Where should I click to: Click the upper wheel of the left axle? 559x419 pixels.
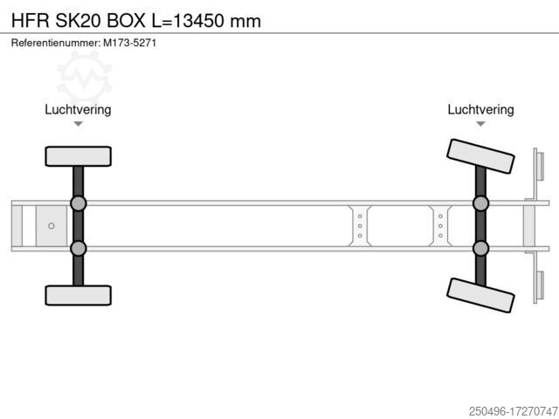pos(78,156)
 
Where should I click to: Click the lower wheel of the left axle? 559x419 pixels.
pos(78,295)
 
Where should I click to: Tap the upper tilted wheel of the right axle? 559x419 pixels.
pos(480,156)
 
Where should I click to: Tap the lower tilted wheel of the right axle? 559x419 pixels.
pos(480,295)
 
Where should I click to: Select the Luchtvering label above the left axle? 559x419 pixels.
pos(78,109)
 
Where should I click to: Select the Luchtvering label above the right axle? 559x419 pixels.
pos(480,109)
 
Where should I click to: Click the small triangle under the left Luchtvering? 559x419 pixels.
pos(78,124)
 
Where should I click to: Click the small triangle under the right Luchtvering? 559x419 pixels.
pos(480,124)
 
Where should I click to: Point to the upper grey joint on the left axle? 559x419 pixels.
pos(78,203)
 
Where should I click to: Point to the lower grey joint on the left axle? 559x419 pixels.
pos(78,248)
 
